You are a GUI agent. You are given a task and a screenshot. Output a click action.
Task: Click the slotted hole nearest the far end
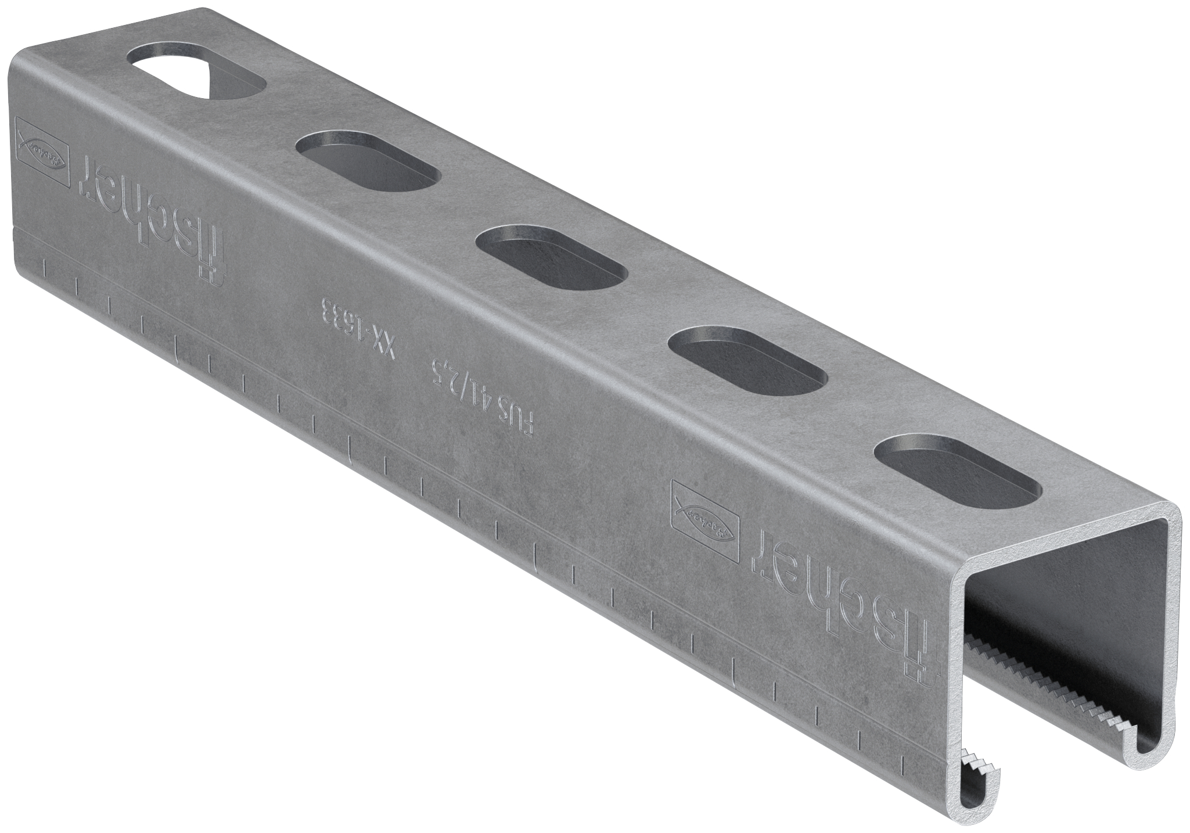click(x=196, y=79)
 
